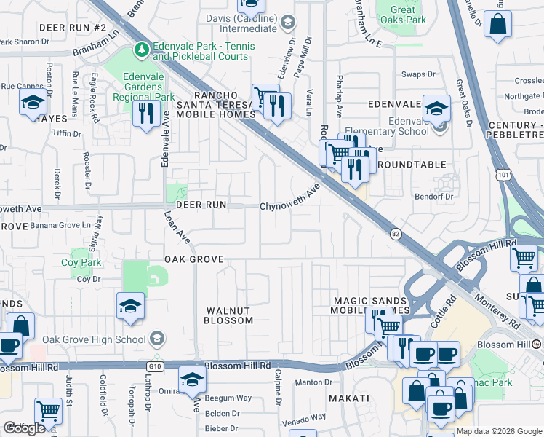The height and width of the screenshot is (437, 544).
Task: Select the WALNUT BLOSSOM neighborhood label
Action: click(x=228, y=315)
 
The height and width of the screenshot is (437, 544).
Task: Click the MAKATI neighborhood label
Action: click(x=348, y=398)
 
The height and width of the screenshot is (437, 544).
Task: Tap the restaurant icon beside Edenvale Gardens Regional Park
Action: click(x=147, y=113)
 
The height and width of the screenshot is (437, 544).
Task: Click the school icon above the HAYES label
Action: click(x=33, y=103)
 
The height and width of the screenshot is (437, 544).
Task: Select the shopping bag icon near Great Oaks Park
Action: click(x=498, y=24)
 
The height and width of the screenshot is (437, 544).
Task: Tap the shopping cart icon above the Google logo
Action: click(x=47, y=411)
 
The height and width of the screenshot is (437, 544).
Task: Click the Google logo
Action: click(x=24, y=428)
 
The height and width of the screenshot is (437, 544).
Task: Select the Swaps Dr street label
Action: click(x=418, y=74)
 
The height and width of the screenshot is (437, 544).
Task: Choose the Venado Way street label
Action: click(x=304, y=418)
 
